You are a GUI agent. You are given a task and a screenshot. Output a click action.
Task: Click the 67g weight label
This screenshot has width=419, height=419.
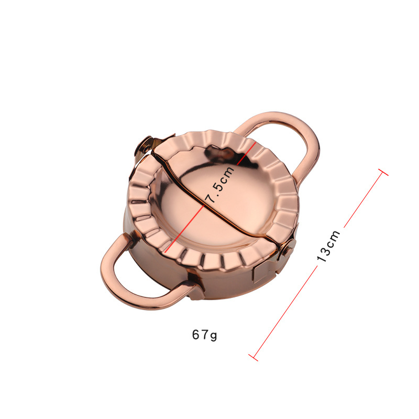204,335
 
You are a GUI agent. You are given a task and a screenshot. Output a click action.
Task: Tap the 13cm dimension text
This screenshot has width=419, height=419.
328,246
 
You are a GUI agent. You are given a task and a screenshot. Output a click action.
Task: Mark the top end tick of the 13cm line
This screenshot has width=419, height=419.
383,172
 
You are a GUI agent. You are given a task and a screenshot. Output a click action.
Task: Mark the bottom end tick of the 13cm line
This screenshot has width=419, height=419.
253,358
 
